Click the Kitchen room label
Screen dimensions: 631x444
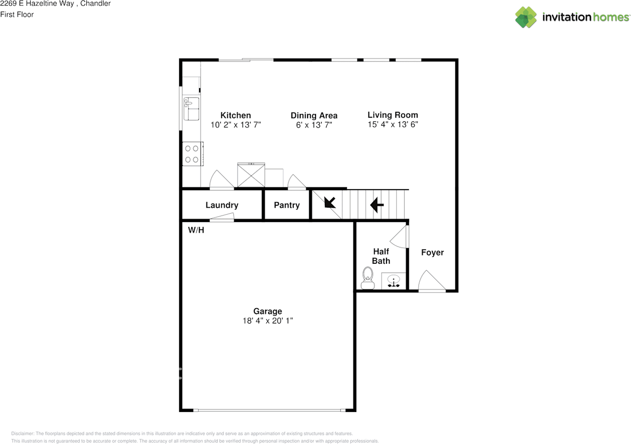(x=236, y=115)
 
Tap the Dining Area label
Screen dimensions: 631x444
(x=314, y=115)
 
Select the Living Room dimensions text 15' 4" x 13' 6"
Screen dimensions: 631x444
(x=393, y=125)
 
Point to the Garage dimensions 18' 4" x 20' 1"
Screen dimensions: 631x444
(x=268, y=320)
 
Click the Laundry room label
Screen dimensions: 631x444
(x=222, y=205)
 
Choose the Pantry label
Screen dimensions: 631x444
(x=287, y=205)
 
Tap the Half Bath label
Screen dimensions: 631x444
(x=381, y=256)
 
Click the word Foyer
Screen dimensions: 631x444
(x=432, y=253)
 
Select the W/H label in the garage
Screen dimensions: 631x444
(x=196, y=230)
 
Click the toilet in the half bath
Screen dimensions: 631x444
(x=368, y=278)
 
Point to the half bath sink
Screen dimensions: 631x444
(x=393, y=281)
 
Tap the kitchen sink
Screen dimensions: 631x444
(x=192, y=109)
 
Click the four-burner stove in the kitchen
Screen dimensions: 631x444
(x=193, y=154)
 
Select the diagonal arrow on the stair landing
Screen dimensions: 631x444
(x=330, y=202)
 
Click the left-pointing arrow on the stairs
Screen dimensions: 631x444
(x=377, y=205)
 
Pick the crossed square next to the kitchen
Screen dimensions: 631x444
(x=251, y=175)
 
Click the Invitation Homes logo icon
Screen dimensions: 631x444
(x=526, y=17)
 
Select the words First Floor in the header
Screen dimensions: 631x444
(x=17, y=15)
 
